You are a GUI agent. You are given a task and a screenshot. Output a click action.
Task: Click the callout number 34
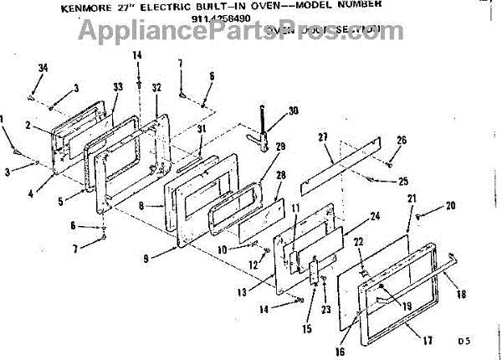click(x=44, y=69)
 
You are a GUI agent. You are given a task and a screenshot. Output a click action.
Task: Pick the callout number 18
click(x=461, y=295)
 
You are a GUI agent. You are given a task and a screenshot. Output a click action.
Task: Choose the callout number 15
click(x=306, y=330)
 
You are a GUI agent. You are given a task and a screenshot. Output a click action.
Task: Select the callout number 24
click(x=375, y=216)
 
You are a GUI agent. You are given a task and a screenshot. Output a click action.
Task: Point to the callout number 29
click(x=280, y=147)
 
